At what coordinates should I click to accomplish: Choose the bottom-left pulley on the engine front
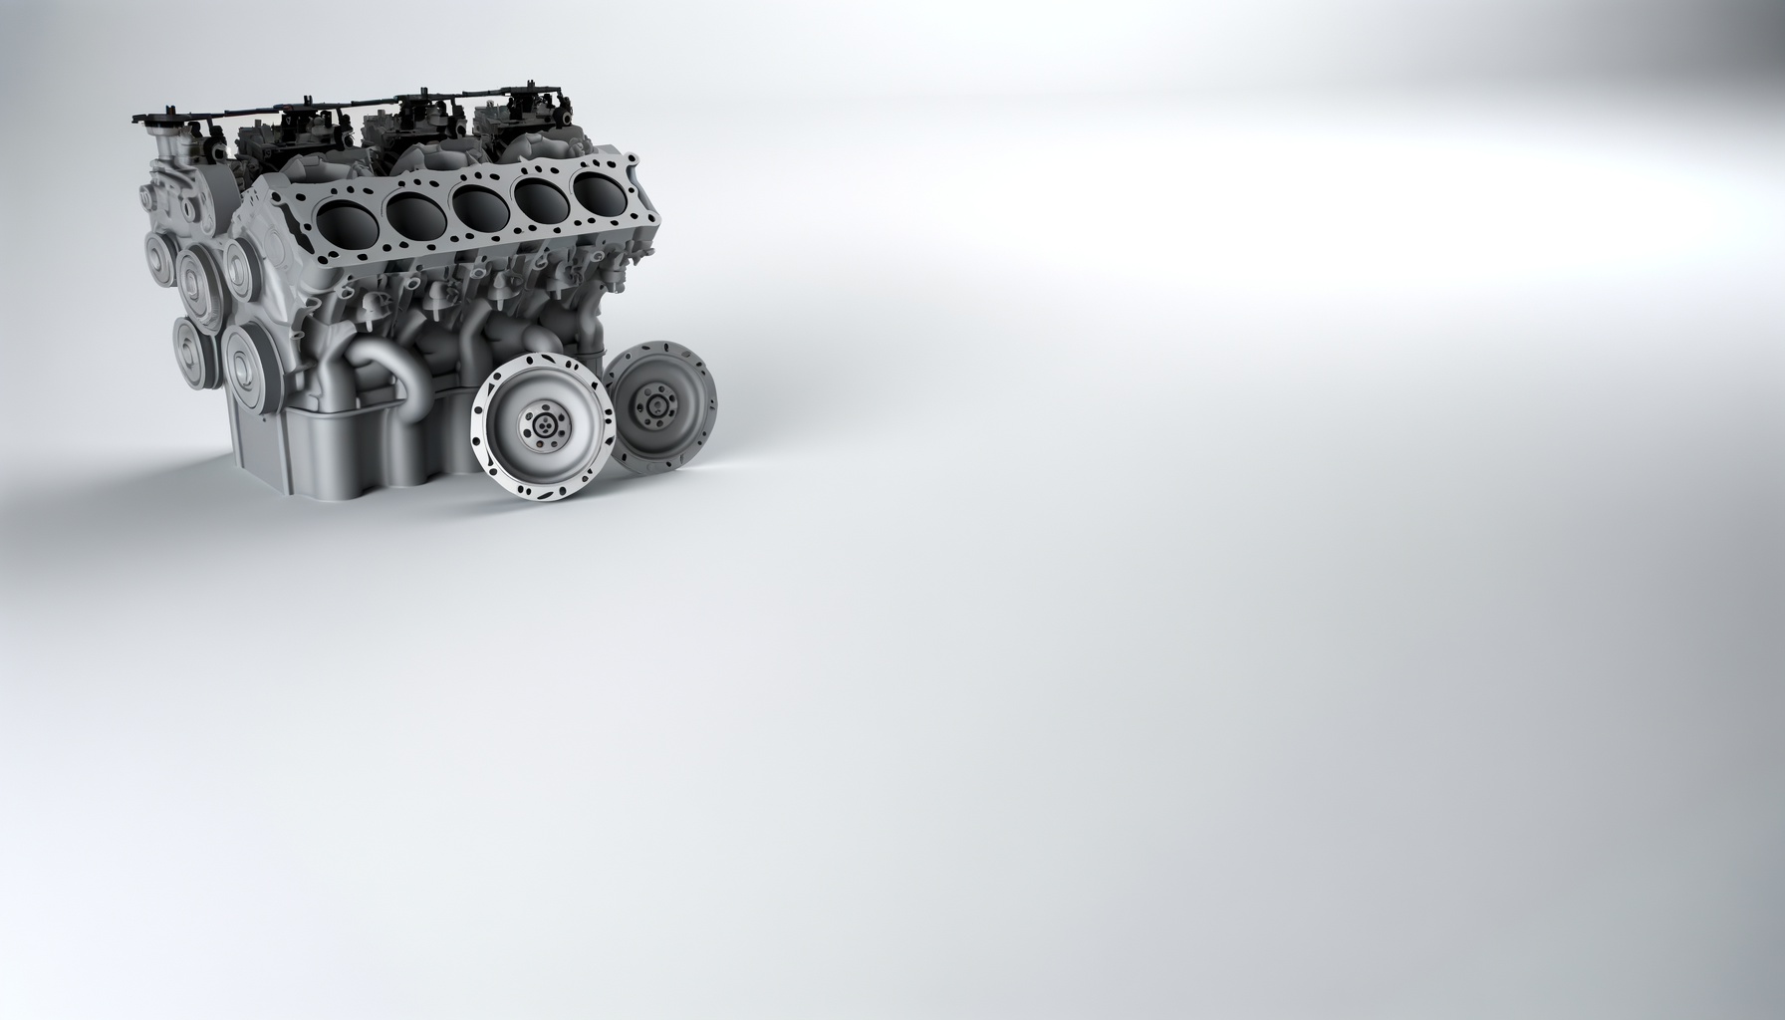189,347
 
